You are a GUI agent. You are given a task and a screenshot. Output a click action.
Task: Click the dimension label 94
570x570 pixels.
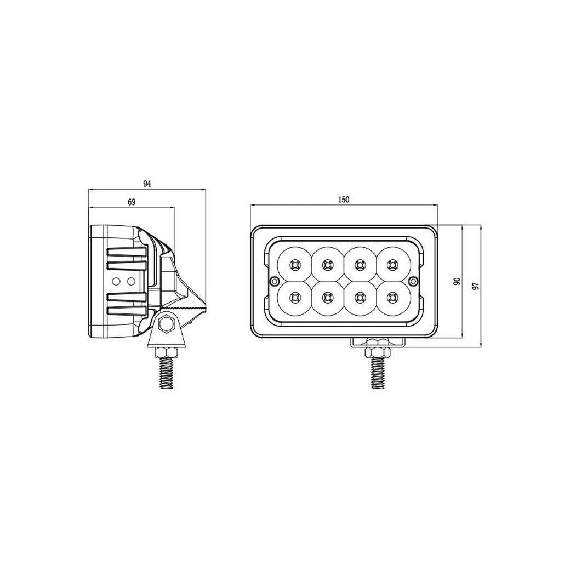(x=146, y=184)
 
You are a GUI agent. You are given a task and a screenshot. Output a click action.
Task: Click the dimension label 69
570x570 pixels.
(x=132, y=202)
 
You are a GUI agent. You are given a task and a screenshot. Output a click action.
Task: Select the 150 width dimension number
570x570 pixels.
(x=344, y=200)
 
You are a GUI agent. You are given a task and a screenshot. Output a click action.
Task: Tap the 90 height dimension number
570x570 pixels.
(x=456, y=281)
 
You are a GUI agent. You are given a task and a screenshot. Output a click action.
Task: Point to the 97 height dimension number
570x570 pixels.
(x=476, y=286)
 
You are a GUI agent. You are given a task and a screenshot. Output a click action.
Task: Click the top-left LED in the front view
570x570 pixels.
(x=295, y=265)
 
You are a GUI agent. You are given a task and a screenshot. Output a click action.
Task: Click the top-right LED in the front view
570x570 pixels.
(x=392, y=265)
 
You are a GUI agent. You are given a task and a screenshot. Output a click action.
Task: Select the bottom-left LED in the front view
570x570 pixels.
(x=295, y=298)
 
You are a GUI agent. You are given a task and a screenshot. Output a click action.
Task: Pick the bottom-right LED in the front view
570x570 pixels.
(x=392, y=298)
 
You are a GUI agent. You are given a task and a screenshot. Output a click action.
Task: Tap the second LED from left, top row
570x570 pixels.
(x=327, y=265)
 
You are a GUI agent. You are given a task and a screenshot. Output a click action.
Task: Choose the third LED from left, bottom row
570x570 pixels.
(x=360, y=298)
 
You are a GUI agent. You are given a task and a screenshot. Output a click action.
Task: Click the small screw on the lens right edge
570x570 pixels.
(x=414, y=281)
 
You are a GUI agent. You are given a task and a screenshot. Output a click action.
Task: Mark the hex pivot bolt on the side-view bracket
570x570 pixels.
(x=164, y=324)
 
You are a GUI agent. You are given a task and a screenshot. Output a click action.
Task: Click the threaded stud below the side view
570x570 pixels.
(x=167, y=373)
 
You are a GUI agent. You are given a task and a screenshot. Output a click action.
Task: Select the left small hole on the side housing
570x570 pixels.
(x=116, y=281)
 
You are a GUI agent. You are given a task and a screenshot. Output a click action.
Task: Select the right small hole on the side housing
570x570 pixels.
(x=130, y=281)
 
